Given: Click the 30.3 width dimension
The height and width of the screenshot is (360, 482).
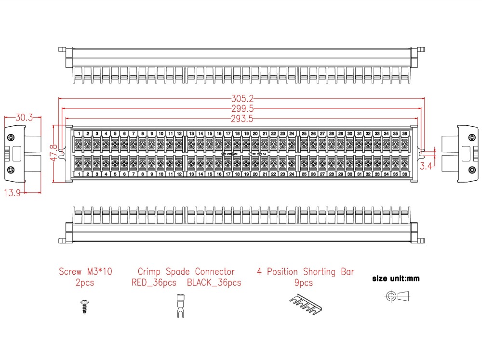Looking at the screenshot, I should [x=24, y=117].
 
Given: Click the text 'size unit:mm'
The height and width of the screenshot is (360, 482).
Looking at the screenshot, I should [x=396, y=278].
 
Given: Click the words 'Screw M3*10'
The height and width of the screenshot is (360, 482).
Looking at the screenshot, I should [x=85, y=272].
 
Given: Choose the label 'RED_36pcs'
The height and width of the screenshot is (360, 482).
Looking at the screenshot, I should [x=154, y=283].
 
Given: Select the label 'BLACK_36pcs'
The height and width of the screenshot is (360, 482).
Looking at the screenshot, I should [x=214, y=283].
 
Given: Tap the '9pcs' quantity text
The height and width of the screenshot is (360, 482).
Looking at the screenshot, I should [x=303, y=283].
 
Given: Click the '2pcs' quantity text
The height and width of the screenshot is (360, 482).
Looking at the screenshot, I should [x=85, y=283].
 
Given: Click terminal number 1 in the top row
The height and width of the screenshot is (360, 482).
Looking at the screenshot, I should [x=79, y=133].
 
